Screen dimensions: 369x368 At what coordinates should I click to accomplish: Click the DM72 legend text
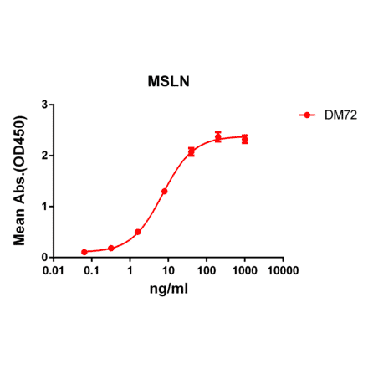click(x=341, y=116)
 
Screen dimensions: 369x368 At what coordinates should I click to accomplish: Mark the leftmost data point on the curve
click(x=84, y=252)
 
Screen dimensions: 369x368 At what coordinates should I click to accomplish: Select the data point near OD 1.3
click(x=165, y=191)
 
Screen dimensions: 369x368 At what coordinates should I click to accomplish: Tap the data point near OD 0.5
click(x=138, y=232)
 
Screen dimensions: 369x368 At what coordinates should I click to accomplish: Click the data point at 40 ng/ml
click(x=192, y=151)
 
